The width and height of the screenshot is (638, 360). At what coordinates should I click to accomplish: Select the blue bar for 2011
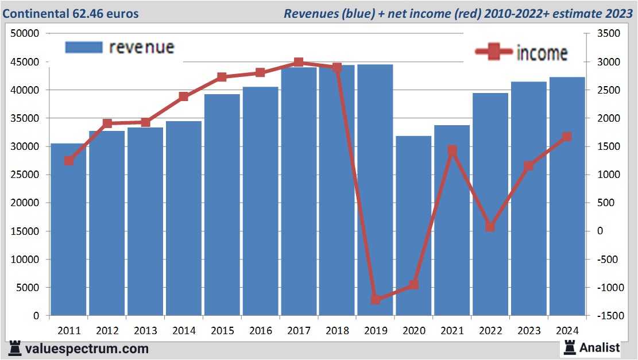pyautogui.click(x=69, y=230)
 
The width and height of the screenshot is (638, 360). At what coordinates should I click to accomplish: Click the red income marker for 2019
pyautogui.click(x=376, y=299)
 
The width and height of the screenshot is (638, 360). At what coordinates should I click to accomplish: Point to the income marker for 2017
pyautogui.click(x=299, y=62)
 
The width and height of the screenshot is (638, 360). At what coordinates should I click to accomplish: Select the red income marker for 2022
pyautogui.click(x=490, y=227)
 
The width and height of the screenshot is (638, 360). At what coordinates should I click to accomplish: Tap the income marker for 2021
pyautogui.click(x=452, y=150)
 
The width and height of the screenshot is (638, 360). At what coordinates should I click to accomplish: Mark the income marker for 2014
pyautogui.click(x=184, y=96)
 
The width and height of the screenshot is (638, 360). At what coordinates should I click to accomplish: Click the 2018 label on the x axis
pyautogui.click(x=337, y=331)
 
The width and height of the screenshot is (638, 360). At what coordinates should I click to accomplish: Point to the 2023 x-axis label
pyautogui.click(x=528, y=331)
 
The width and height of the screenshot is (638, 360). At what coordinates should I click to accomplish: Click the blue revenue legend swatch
pyautogui.click(x=84, y=47)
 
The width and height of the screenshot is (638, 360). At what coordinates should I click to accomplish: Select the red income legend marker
pyautogui.click(x=493, y=52)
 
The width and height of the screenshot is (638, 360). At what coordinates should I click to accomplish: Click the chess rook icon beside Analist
pyautogui.click(x=570, y=347)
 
